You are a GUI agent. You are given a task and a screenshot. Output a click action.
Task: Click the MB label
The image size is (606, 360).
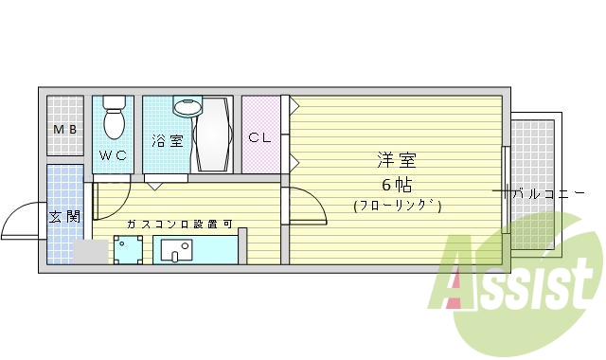point(65,130)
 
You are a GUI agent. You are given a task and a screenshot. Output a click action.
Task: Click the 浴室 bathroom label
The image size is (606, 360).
point(168,141)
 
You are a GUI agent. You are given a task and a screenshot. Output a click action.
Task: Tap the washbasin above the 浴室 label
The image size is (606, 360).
point(187,106)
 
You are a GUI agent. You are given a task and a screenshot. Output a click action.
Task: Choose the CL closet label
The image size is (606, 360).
point(259,137)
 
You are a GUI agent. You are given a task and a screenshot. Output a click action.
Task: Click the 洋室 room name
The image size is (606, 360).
point(397,161)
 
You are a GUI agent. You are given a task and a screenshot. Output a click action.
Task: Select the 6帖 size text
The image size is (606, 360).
point(397,184)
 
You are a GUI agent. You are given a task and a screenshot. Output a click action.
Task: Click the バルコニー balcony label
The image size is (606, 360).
point(548,193)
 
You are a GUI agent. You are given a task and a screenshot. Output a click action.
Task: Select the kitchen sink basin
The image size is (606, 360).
point(175,251)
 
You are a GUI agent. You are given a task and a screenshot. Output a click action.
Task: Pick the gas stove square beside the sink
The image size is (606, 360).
point(127,250)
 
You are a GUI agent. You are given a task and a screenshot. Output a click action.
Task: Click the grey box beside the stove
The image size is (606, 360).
point(90,252)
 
